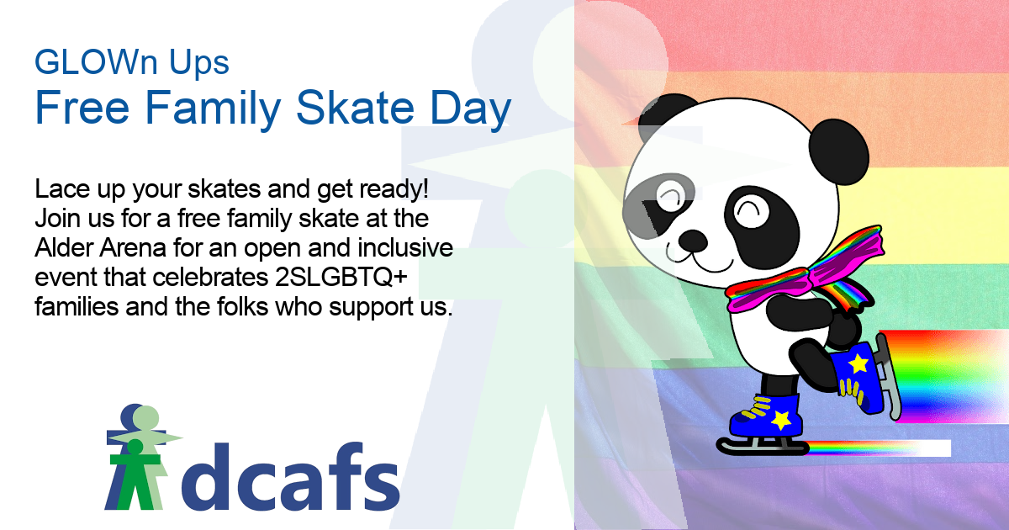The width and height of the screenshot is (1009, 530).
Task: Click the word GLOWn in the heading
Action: click(x=96, y=61)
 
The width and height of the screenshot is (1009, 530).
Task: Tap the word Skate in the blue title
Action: click(x=355, y=108)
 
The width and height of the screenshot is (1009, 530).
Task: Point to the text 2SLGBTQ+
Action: click(x=341, y=277)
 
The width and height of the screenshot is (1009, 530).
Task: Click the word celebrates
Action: click(x=210, y=277)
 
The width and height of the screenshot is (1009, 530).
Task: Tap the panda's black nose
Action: click(x=693, y=241)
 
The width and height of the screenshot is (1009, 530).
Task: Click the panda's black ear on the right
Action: click(x=839, y=151)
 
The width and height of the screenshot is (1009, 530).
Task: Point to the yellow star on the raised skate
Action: click(x=858, y=363)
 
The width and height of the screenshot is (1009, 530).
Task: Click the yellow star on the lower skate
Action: click(x=781, y=420)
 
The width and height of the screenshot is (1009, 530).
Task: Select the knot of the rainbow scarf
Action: click(x=806, y=280)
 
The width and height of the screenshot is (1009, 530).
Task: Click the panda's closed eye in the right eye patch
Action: click(x=750, y=211)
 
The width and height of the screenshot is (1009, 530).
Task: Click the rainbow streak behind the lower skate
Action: click(x=879, y=448)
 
